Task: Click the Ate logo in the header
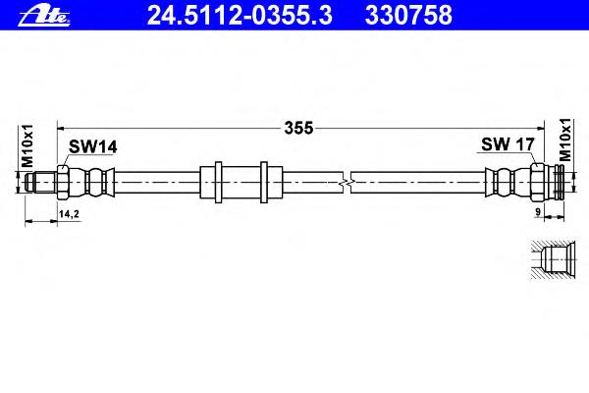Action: click(44, 16)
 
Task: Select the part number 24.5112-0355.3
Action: click(240, 15)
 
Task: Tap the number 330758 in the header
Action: click(408, 15)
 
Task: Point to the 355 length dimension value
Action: click(298, 128)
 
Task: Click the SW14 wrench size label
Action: click(92, 146)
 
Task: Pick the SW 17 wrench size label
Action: click(508, 144)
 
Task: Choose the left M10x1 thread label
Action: click(27, 146)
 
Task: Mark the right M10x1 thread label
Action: click(564, 140)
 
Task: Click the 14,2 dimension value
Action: click(69, 214)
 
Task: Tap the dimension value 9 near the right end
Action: click(538, 212)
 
